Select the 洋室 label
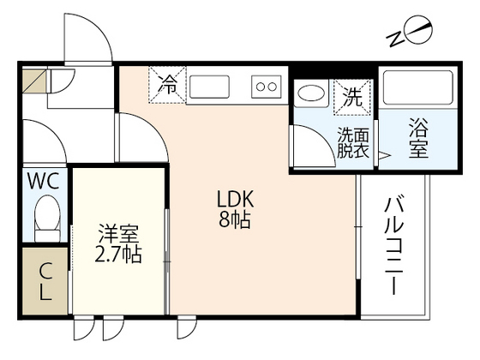tap(118, 234)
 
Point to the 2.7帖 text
tap(118, 255)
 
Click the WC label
tap(42, 181)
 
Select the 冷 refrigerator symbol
tap(169, 84)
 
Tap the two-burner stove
tap(266, 86)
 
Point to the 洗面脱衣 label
tap(351, 143)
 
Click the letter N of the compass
tap(396, 38)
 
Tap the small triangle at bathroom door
tap(384, 156)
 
